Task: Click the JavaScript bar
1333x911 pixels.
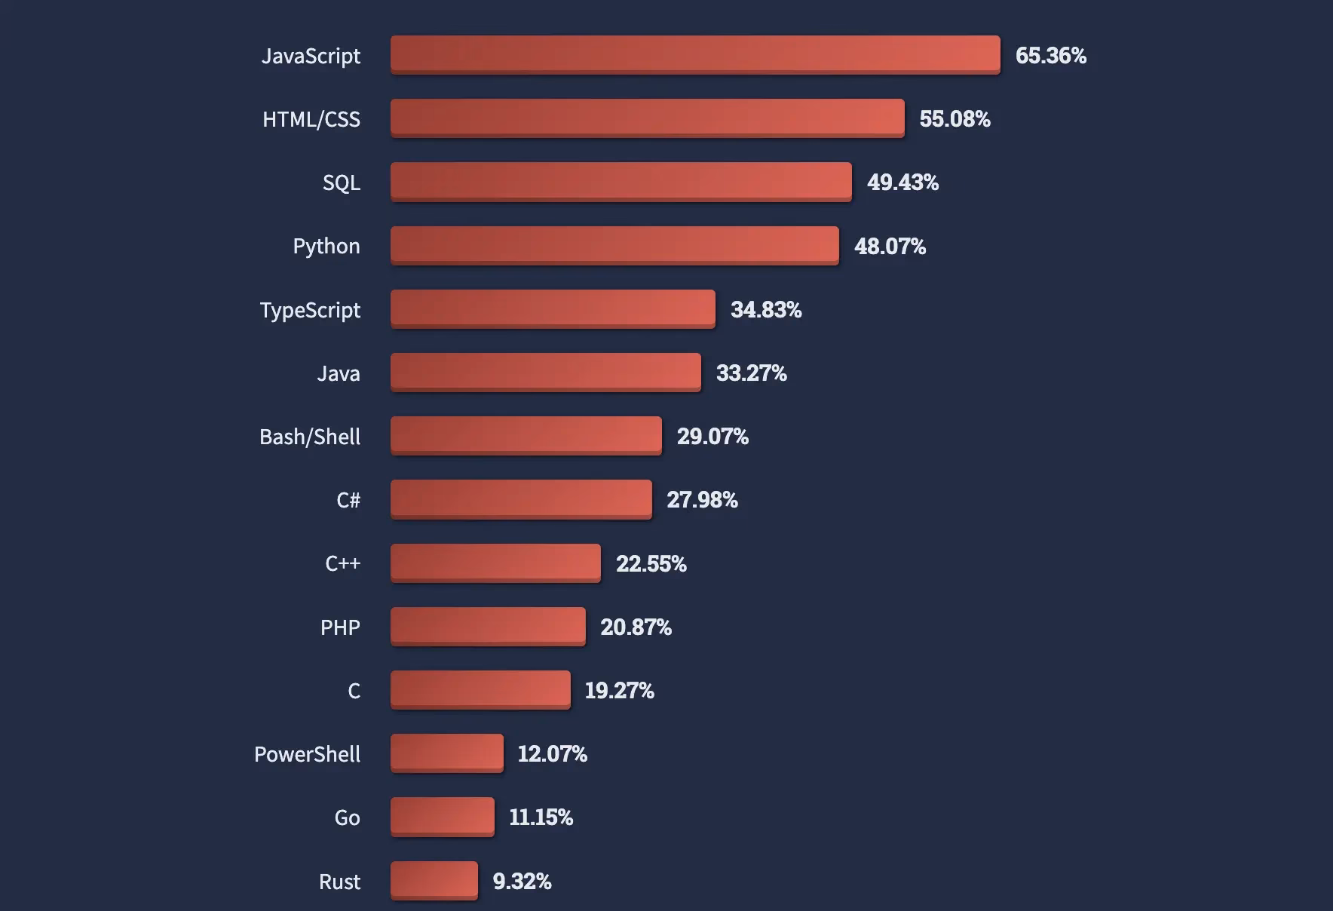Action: tap(695, 54)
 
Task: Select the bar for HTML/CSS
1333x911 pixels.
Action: tap(647, 118)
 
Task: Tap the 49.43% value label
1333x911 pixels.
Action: tap(902, 182)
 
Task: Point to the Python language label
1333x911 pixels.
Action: tap(326, 246)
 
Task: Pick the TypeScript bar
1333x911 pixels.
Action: tap(553, 308)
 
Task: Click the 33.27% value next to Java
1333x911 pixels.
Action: tap(751, 373)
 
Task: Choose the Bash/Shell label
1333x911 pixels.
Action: tap(310, 437)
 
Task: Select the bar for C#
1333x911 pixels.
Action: tap(521, 498)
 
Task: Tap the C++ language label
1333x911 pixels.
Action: tap(343, 563)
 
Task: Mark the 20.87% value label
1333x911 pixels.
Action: tap(636, 627)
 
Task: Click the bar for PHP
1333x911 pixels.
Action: tap(488, 626)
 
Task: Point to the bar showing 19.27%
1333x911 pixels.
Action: tap(480, 689)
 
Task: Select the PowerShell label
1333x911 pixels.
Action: tap(307, 754)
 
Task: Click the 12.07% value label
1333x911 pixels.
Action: tap(552, 753)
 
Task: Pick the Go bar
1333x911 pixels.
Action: tap(443, 817)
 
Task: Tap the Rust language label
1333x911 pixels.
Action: tap(339, 882)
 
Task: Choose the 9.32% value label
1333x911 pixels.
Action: tap(522, 881)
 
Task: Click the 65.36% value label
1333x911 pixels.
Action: tap(1050, 55)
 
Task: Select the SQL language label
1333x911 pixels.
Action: tap(342, 183)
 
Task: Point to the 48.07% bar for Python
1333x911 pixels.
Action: tap(614, 245)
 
